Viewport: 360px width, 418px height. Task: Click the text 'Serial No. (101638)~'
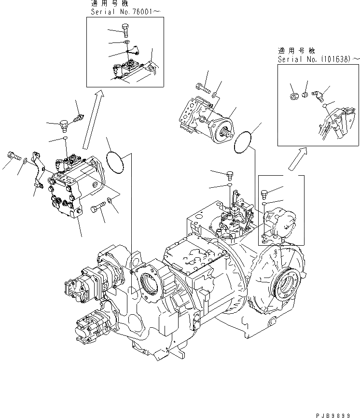(x=318, y=59)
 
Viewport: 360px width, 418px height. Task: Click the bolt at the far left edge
(x=13, y=156)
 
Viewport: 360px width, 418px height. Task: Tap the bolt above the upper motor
(x=202, y=88)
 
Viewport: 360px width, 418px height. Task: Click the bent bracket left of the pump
(x=37, y=169)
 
